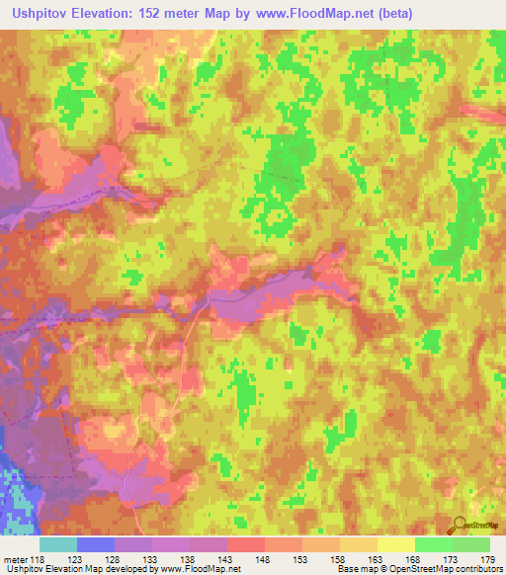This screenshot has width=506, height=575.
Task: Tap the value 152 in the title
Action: point(170,14)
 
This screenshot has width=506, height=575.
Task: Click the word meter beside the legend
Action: point(14,559)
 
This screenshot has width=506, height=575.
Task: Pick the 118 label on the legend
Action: point(37,559)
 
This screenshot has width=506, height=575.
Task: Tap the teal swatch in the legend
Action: point(58,544)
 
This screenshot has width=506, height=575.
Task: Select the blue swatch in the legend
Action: point(96,544)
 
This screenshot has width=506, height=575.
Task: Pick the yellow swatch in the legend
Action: point(395,544)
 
